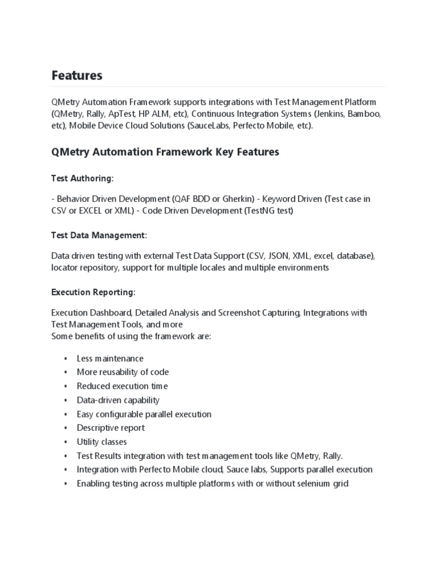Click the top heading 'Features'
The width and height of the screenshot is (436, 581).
77,75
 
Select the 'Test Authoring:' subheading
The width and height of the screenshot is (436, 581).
82,179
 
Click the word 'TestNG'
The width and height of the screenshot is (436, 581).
259,211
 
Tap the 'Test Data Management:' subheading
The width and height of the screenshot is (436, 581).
99,235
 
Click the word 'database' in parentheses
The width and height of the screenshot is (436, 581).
353,256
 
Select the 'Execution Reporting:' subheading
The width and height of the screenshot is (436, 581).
93,292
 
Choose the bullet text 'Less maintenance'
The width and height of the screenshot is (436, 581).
110,359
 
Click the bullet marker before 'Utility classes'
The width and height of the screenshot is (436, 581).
66,442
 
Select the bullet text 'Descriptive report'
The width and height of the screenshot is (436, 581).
111,428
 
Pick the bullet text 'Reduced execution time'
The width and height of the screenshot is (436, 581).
122,386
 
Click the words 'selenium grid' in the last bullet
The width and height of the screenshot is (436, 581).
322,483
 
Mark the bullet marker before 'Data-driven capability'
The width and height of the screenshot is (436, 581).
66,401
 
